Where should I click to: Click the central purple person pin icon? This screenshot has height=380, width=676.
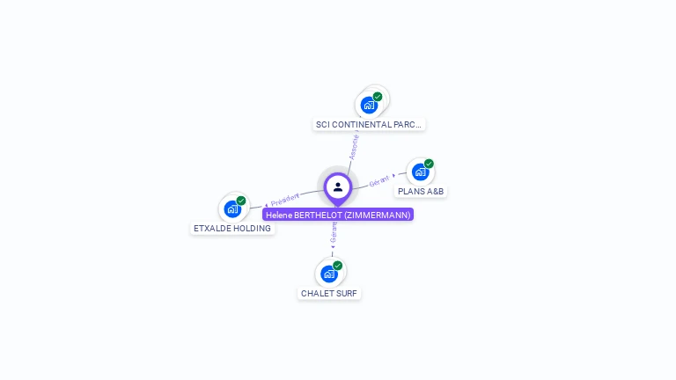click(338, 186)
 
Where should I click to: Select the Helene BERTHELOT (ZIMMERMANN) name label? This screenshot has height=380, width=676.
click(338, 215)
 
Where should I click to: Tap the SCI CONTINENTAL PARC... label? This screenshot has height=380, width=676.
click(370, 125)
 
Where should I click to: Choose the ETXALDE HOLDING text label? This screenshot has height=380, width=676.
click(232, 229)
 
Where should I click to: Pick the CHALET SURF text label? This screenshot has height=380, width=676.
click(329, 294)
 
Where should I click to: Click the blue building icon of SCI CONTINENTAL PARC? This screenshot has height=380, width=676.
click(369, 106)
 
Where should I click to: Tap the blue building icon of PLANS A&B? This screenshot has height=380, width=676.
click(420, 172)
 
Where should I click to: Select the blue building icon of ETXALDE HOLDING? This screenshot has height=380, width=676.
click(231, 208)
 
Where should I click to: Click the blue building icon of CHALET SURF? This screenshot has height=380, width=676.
click(328, 274)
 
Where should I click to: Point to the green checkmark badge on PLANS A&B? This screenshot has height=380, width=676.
click(429, 164)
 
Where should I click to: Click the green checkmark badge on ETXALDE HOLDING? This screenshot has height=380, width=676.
click(240, 201)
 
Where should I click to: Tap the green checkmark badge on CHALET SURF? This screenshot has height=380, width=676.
click(337, 266)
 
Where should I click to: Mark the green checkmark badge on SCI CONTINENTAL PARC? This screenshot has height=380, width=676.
click(378, 97)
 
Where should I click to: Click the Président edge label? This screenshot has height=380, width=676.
click(285, 200)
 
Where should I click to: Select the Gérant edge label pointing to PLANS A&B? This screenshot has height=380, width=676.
click(379, 179)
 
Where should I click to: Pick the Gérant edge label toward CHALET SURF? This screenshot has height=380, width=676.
click(334, 233)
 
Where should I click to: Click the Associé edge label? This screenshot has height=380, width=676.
click(354, 145)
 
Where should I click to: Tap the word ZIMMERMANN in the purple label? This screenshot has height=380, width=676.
click(376, 215)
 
